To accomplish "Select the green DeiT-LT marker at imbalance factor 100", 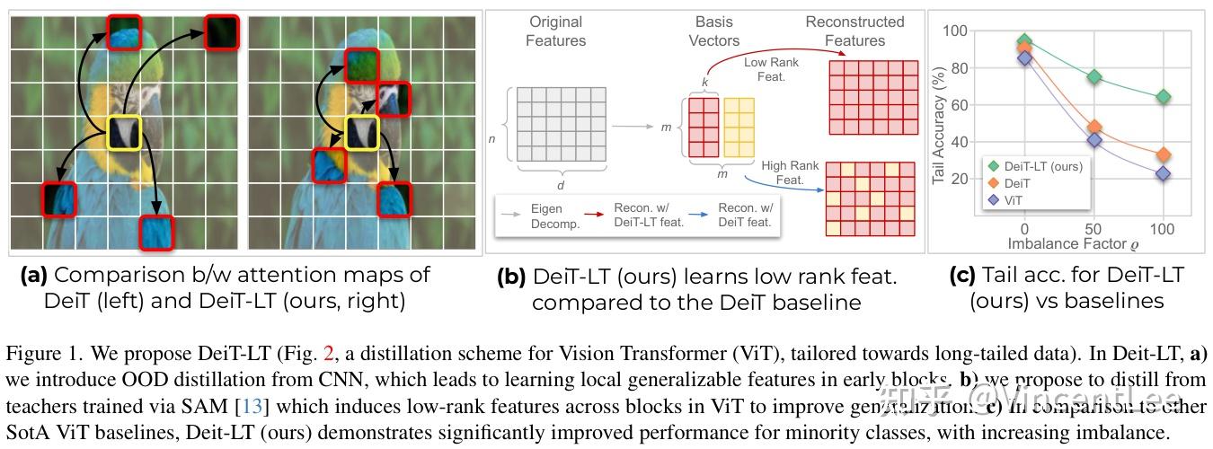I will point(1163,96).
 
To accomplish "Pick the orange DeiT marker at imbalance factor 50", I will point(1093,128).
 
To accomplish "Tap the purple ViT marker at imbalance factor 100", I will point(1163,173).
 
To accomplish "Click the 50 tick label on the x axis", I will point(1093,230).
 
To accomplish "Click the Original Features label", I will point(556,31).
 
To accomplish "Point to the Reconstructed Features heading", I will point(854,31).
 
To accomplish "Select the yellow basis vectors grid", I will point(738,128).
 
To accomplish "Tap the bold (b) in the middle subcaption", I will point(511,277).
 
